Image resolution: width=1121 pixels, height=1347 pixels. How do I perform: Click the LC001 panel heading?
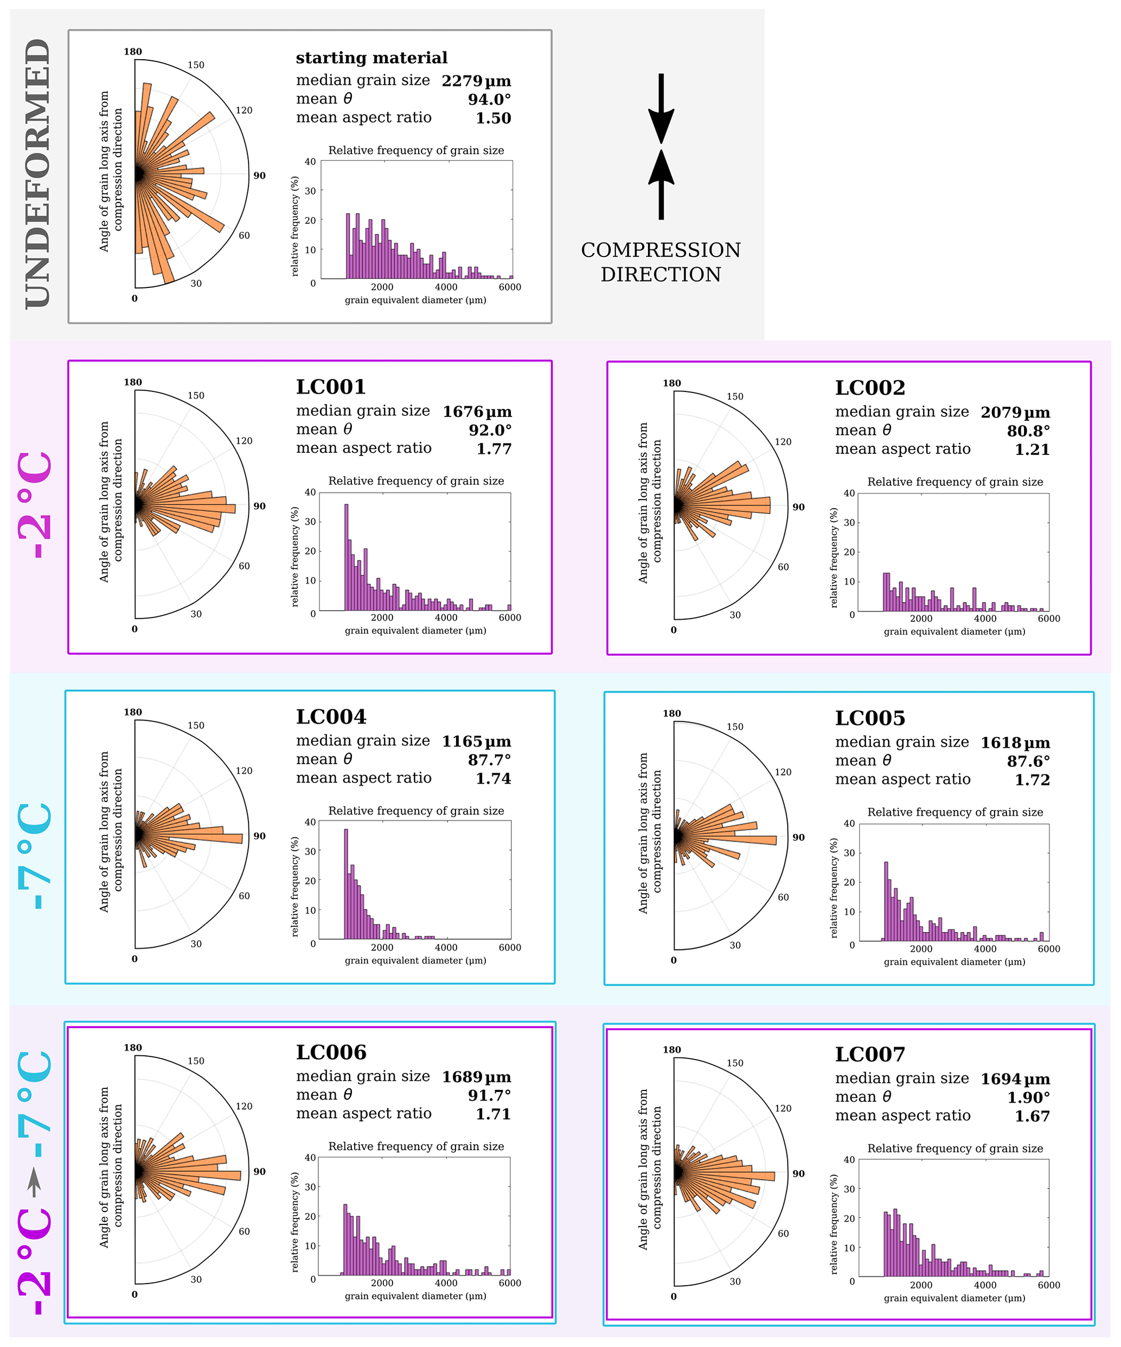click(331, 387)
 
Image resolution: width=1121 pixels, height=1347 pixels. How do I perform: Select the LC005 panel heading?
click(870, 718)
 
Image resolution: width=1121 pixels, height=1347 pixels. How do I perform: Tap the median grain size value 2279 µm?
click(476, 81)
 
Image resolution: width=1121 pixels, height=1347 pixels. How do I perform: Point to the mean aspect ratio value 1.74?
click(493, 778)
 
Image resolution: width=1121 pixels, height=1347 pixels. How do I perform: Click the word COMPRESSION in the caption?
click(661, 249)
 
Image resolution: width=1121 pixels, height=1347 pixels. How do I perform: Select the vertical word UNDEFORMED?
click(38, 173)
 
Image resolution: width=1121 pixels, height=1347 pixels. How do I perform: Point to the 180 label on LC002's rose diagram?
click(672, 383)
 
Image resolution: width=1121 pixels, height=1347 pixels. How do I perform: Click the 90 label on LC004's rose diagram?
click(259, 836)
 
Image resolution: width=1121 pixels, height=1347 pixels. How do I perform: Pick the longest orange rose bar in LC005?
click(738, 839)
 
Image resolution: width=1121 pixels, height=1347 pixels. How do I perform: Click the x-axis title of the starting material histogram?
click(415, 300)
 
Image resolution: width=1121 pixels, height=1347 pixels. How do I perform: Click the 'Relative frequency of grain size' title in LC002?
click(955, 482)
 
